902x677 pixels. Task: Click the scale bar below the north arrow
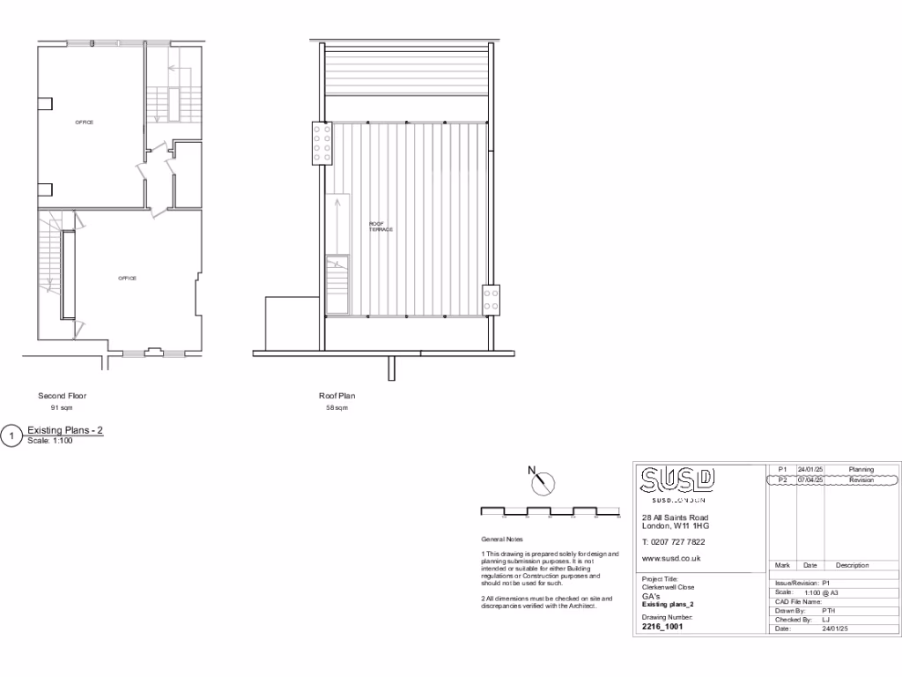551,511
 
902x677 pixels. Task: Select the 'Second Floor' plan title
63,396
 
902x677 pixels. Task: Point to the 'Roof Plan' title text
336,396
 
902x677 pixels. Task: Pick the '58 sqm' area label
336,409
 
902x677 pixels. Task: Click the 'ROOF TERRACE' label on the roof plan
381,227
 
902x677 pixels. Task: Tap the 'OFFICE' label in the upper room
84,122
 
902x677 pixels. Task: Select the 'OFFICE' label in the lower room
128,279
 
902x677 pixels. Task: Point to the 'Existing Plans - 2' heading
66,430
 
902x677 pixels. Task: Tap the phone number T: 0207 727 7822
673,541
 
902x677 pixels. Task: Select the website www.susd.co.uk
671,558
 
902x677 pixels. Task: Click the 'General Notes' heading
501,539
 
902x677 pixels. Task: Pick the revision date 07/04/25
810,480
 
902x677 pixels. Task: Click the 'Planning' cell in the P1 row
861,470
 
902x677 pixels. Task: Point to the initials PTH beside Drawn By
828,610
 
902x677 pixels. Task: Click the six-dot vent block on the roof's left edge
321,143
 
